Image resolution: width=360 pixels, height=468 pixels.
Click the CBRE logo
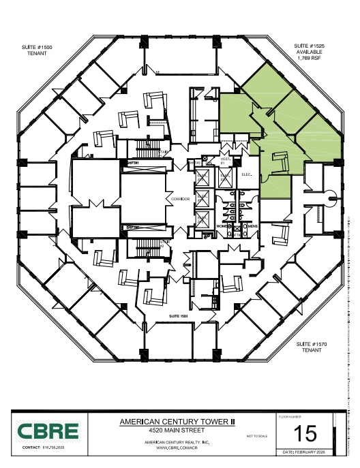pyautogui.click(x=48, y=431)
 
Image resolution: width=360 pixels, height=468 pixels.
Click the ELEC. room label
pyautogui.click(x=247, y=174)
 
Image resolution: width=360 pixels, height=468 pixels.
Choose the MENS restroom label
pyautogui.click(x=252, y=225)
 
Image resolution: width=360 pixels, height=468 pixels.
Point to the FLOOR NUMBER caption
pyautogui.click(x=290, y=415)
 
